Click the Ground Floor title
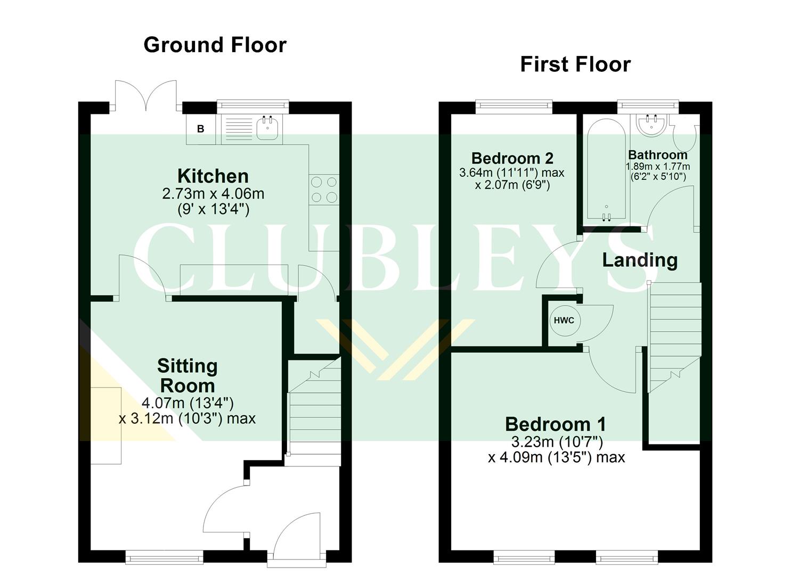click(215, 45)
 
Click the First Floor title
click(575, 64)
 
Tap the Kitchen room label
click(213, 176)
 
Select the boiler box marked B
click(201, 129)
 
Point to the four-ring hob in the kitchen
click(324, 189)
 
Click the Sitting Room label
click(187, 375)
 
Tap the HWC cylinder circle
click(564, 321)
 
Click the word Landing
click(640, 260)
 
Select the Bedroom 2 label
click(512, 158)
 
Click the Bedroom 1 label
click(555, 424)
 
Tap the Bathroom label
click(657, 155)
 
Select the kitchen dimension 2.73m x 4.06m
click(213, 193)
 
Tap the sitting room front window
click(165, 557)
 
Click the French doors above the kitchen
click(145, 96)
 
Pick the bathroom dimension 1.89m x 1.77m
click(657, 167)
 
